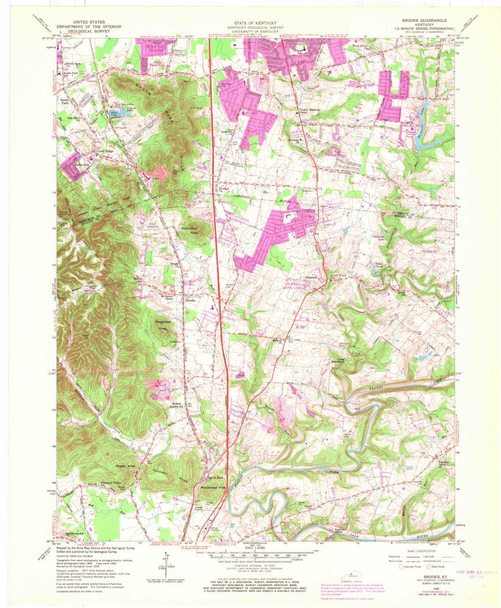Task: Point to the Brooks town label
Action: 191,300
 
